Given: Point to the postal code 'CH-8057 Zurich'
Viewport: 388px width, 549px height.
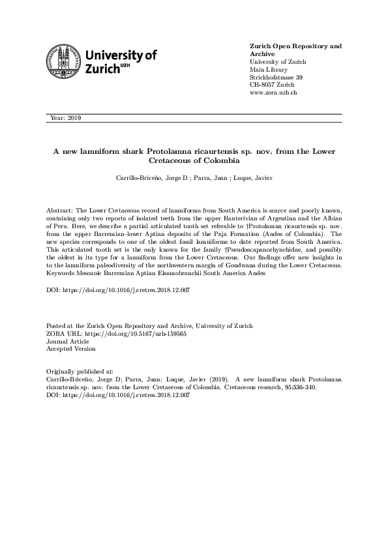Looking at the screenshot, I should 272,85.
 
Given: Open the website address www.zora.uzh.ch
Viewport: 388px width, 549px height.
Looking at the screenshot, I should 274,93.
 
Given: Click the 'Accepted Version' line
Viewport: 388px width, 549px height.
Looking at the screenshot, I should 70,348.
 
